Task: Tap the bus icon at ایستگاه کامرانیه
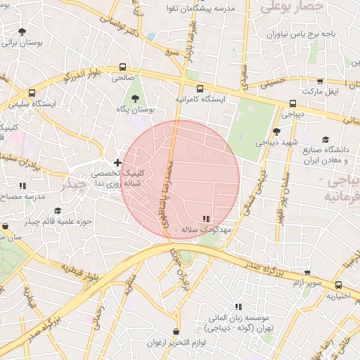[200, 89]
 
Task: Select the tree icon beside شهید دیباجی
[276, 131]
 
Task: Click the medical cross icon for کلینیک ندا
[117, 162]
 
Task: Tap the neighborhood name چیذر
[74, 185]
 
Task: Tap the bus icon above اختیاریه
[339, 285]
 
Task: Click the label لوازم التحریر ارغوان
[175, 342]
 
